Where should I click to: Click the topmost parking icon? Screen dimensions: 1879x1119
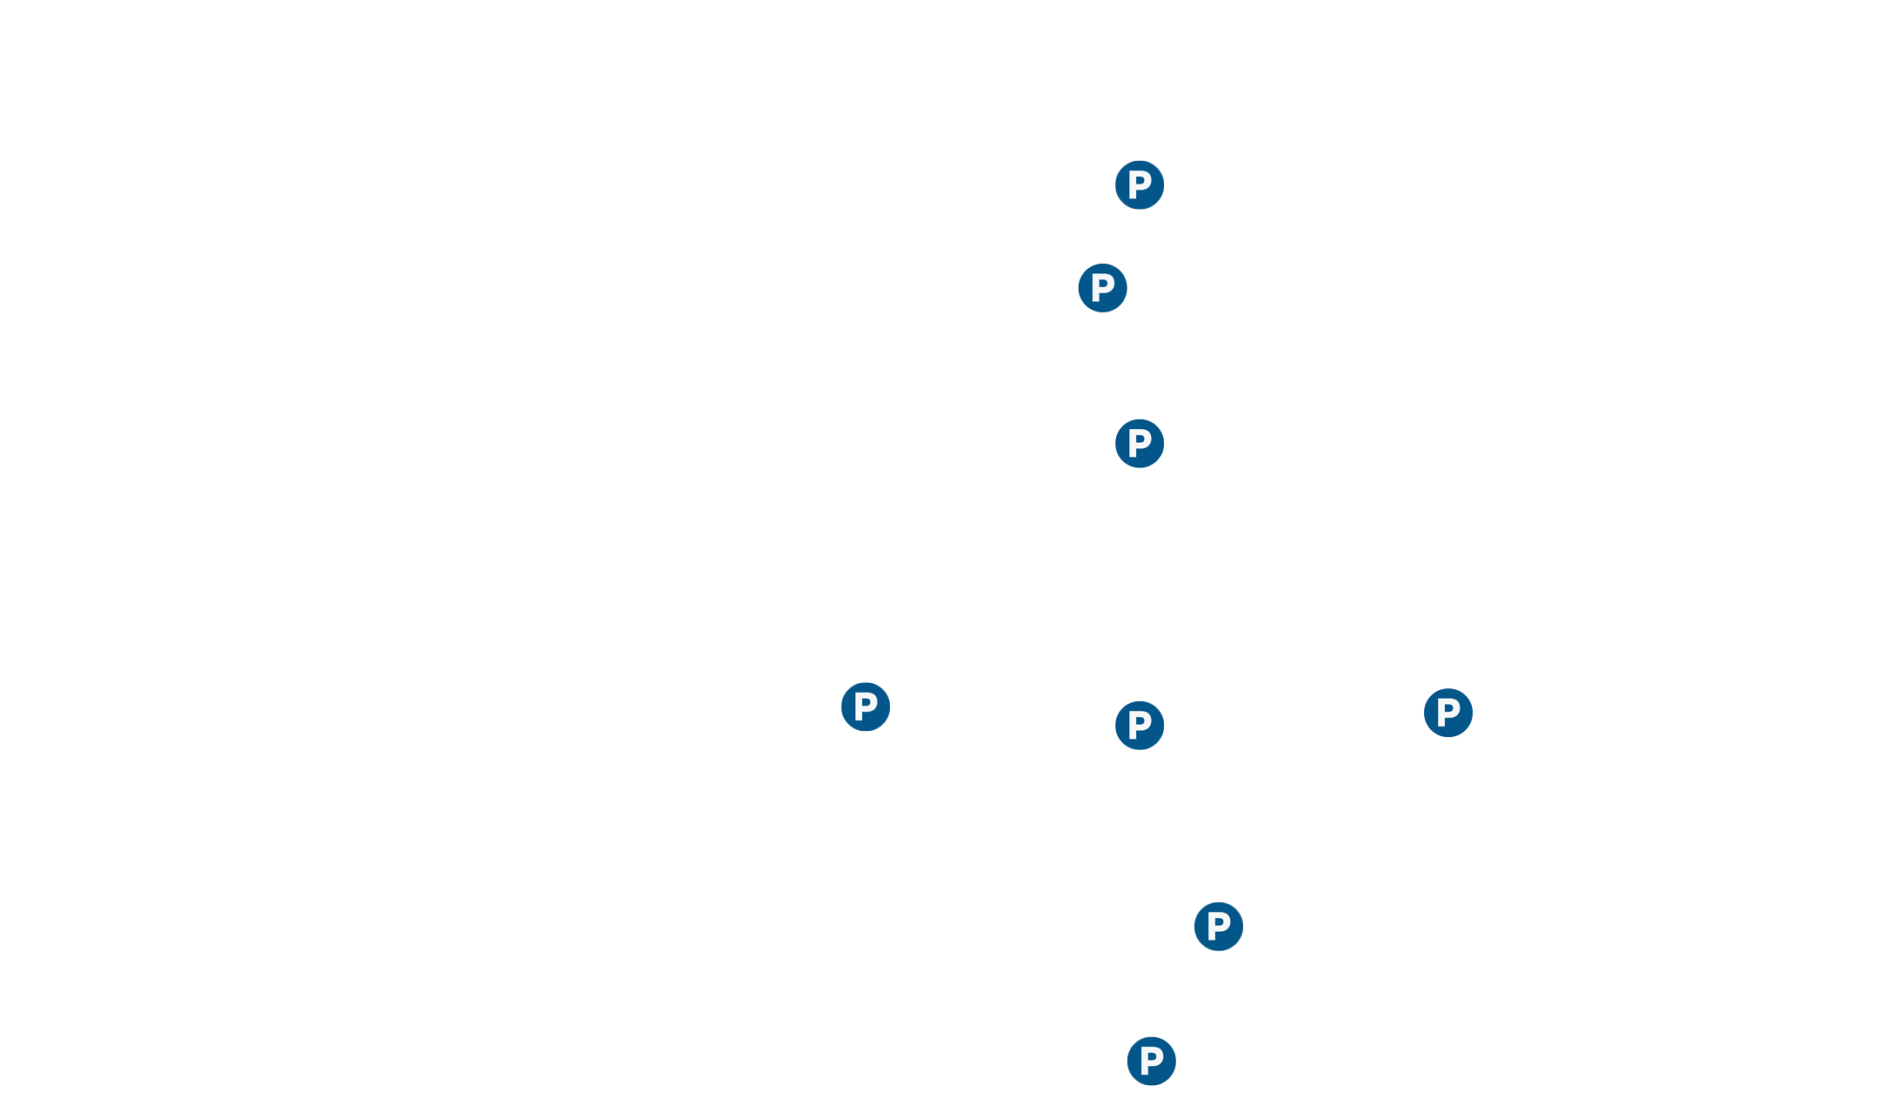pos(1140,184)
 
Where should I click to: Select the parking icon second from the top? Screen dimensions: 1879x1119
pos(1102,288)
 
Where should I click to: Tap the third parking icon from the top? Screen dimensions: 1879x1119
pos(1140,444)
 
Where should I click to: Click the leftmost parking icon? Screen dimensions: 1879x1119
pos(866,707)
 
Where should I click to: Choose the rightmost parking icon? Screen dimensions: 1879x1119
pos(1448,713)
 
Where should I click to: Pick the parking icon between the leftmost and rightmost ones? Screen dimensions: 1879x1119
pos(1140,726)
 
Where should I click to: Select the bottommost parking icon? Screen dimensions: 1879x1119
pos(1152,1061)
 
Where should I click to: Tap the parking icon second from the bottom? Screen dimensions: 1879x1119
pos(1219,926)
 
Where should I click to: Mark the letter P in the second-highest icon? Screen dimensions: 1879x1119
pos(1102,288)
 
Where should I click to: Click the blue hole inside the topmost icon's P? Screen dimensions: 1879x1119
pos(1141,180)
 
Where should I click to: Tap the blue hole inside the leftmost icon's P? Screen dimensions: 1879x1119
pos(867,702)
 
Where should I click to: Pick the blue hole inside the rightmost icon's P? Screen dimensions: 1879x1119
pos(1450,708)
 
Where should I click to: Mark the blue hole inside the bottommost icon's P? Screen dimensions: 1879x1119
pos(1153,1056)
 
